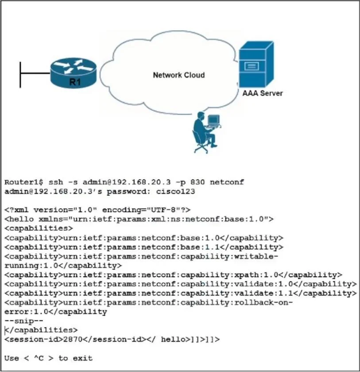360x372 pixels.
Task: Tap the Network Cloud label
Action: coord(179,75)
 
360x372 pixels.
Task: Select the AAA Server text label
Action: coord(263,93)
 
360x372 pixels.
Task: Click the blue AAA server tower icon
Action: coord(256,64)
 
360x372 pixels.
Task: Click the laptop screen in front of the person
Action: coord(214,120)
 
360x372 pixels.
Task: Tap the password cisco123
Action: coord(175,191)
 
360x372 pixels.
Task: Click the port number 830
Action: coord(197,182)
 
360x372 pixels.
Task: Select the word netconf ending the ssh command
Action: coord(227,182)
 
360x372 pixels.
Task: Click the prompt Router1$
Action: coord(24,182)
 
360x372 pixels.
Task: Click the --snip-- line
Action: coord(24,321)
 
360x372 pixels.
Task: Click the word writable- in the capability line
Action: coord(256,256)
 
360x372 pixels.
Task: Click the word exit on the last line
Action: coord(82,358)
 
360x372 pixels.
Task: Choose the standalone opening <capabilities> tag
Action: coord(39,228)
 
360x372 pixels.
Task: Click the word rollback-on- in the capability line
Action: coord(263,302)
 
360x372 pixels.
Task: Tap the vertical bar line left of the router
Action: coord(20,75)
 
